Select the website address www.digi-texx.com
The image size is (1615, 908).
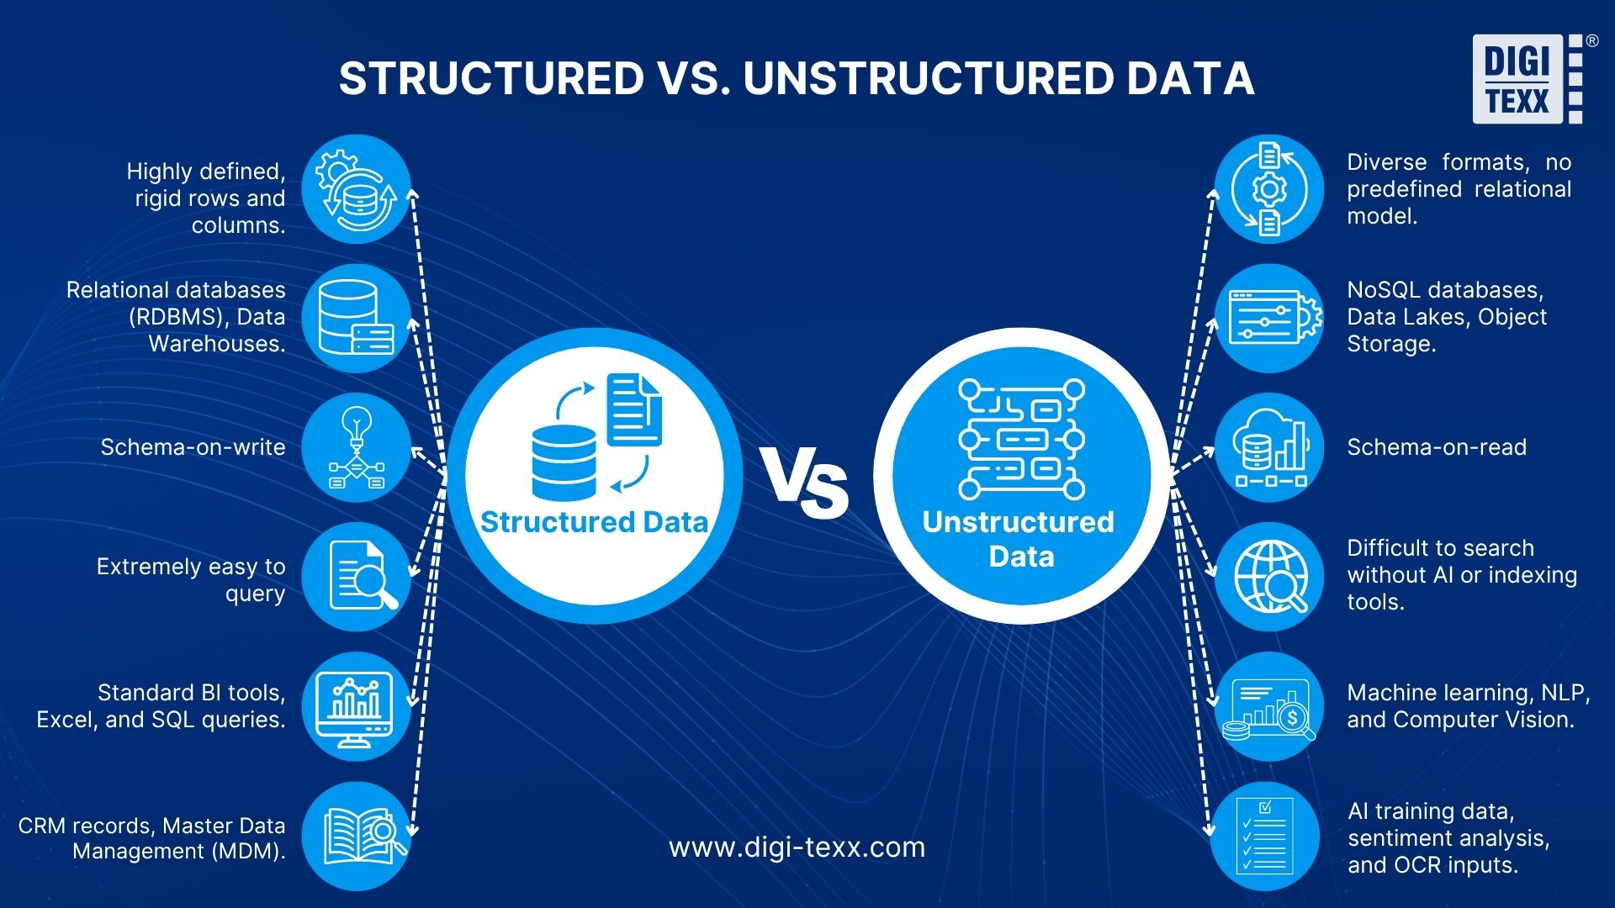tap(797, 847)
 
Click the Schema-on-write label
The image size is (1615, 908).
tap(193, 447)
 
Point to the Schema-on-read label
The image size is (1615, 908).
tap(1437, 447)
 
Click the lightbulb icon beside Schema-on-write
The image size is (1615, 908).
tap(357, 447)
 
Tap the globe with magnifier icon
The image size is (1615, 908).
tap(1270, 577)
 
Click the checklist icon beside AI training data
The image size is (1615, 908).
tap(1265, 837)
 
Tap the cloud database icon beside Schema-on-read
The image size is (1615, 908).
tap(1269, 448)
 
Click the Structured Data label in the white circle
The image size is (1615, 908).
tap(594, 522)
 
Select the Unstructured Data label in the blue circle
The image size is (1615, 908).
tap(1019, 539)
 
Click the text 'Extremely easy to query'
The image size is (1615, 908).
tap(191, 580)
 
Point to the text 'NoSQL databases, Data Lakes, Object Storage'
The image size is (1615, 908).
tap(1447, 317)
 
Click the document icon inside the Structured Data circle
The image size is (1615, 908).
tap(634, 409)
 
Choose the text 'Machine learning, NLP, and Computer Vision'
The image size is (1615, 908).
tap(1468, 706)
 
